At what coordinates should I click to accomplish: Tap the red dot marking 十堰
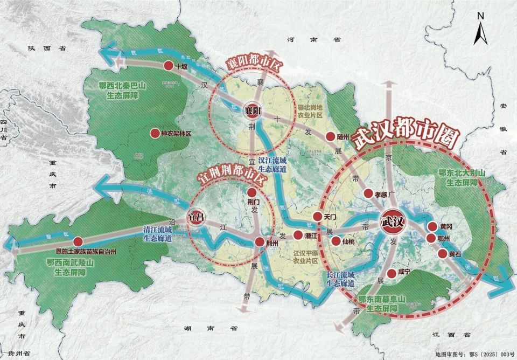(x=168, y=66)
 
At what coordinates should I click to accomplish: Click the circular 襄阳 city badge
(x=251, y=109)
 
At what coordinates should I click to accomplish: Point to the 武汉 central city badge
(x=392, y=221)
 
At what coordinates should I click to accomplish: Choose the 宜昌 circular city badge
(x=195, y=217)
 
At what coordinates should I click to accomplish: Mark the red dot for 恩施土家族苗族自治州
(x=79, y=241)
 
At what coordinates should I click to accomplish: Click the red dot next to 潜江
(x=297, y=236)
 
